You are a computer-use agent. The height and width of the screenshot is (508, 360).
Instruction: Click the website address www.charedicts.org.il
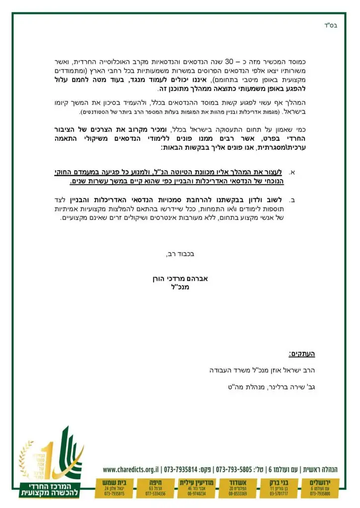pyautogui.click(x=131, y=469)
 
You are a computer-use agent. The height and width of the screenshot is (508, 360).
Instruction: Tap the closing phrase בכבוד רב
pyautogui.click(x=180, y=254)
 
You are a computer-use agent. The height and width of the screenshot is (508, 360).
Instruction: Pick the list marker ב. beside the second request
pyautogui.click(x=292, y=200)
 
